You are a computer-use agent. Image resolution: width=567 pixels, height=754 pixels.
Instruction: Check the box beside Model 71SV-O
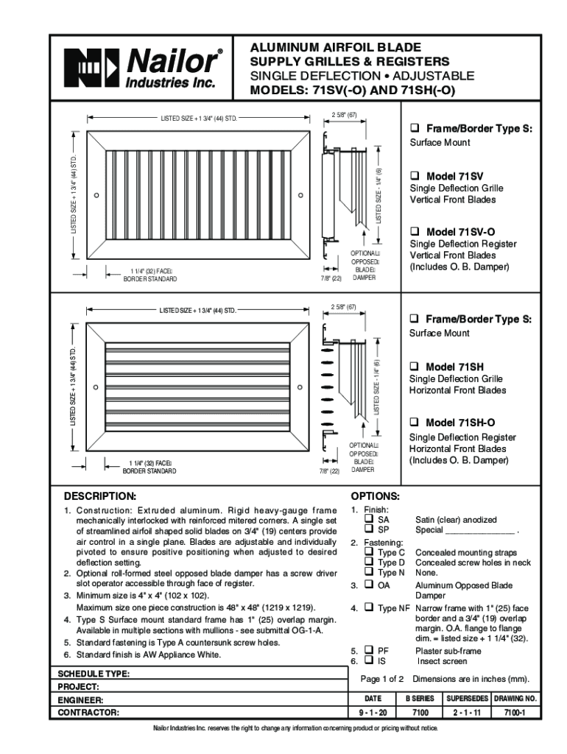coord(415,231)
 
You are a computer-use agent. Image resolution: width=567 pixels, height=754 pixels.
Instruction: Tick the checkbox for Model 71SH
coord(415,366)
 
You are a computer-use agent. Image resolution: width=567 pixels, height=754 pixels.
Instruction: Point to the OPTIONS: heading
coord(376,496)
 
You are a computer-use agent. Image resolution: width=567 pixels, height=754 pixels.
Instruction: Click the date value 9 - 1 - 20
coord(373,713)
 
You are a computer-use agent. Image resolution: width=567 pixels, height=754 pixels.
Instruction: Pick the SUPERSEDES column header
coord(468,697)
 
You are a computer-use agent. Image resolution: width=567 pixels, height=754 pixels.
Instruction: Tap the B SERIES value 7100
coord(420,713)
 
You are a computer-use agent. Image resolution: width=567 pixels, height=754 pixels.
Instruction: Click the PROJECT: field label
coord(79,686)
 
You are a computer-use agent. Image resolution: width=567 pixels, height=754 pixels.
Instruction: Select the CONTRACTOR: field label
coord(88,713)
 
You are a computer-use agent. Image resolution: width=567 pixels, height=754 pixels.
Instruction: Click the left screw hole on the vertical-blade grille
coord(96,196)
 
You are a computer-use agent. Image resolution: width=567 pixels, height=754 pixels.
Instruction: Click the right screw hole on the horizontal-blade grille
coord(300,387)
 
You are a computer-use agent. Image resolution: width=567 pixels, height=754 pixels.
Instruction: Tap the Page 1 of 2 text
coord(382,678)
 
